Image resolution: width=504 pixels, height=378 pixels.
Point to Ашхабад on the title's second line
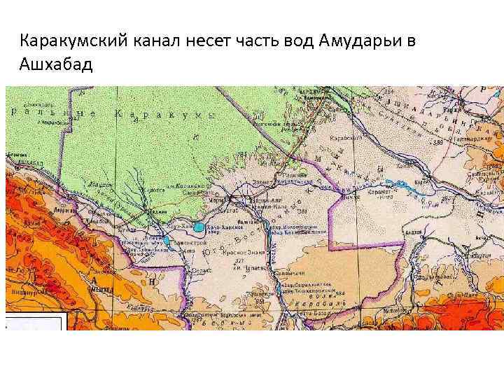[x=56, y=65]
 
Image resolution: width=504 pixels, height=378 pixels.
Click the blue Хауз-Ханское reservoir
[x=199, y=227]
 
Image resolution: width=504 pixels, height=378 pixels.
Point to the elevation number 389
[x=440, y=143]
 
